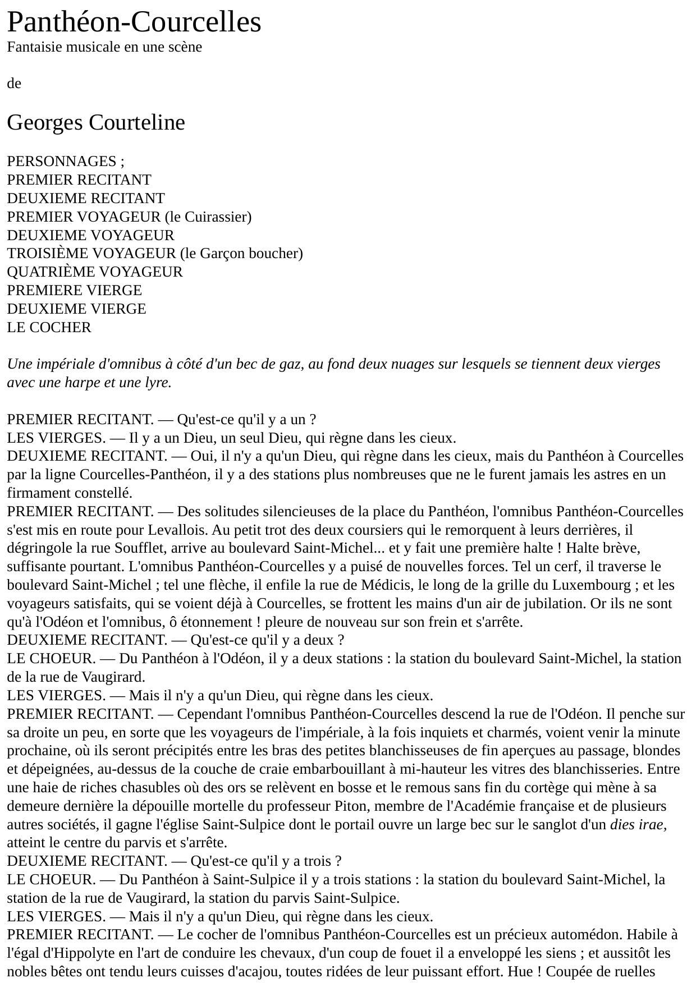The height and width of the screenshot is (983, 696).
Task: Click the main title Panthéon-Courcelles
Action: [x=134, y=22]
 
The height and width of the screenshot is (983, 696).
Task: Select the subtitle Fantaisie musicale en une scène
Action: [x=104, y=47]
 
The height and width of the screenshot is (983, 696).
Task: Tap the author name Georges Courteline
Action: [x=95, y=122]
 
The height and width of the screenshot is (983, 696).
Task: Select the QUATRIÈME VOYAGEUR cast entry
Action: [x=95, y=272]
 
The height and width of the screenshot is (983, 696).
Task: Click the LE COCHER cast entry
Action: [x=49, y=327]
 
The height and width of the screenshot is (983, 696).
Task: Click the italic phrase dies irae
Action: [x=638, y=825]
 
